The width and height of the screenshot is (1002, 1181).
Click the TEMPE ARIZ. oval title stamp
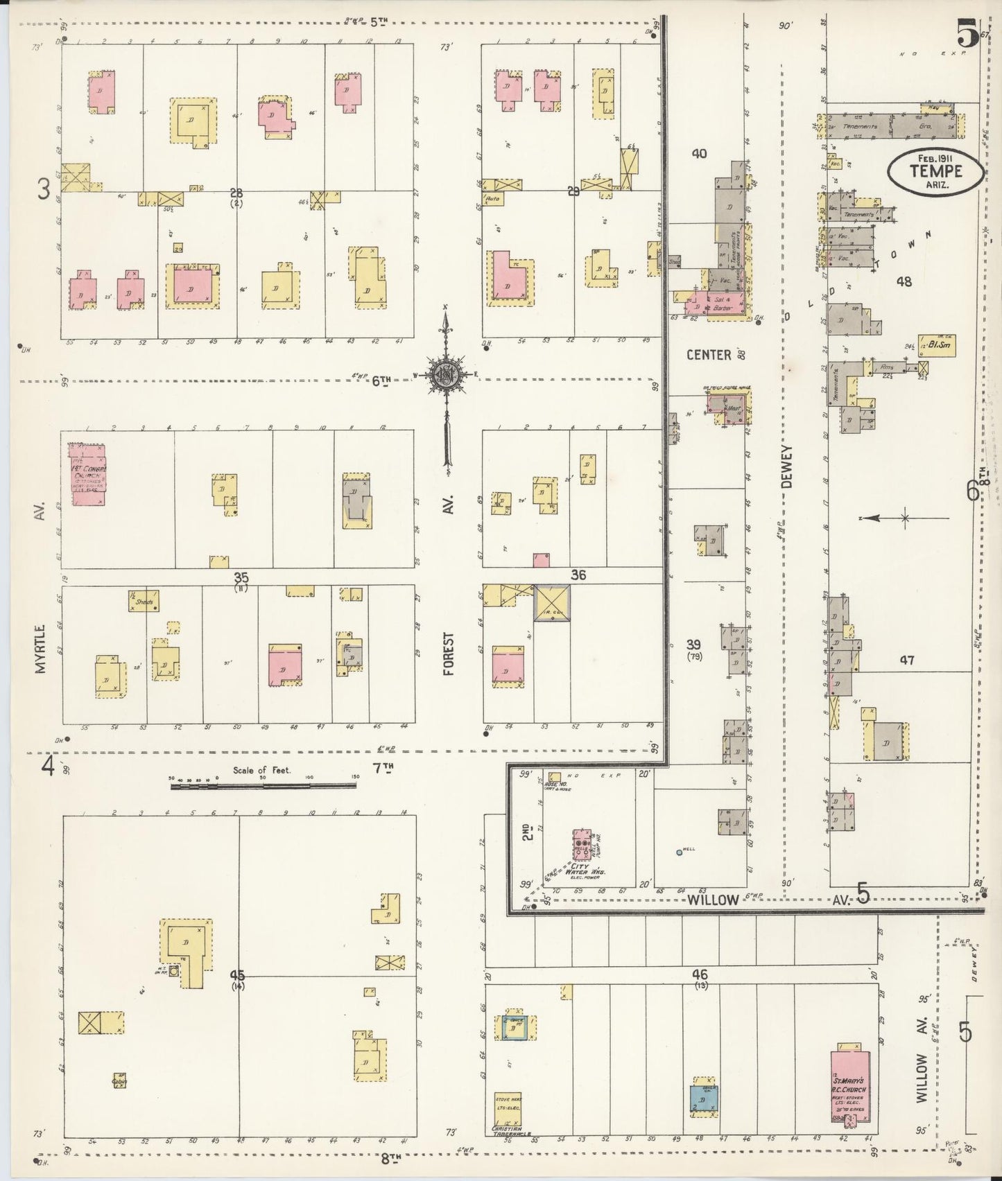(x=936, y=170)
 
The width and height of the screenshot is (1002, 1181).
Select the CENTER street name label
(x=709, y=356)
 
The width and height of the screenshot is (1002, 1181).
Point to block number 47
(x=906, y=661)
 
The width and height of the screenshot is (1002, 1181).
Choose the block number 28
(x=237, y=192)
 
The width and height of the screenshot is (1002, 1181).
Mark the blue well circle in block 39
(x=679, y=852)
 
